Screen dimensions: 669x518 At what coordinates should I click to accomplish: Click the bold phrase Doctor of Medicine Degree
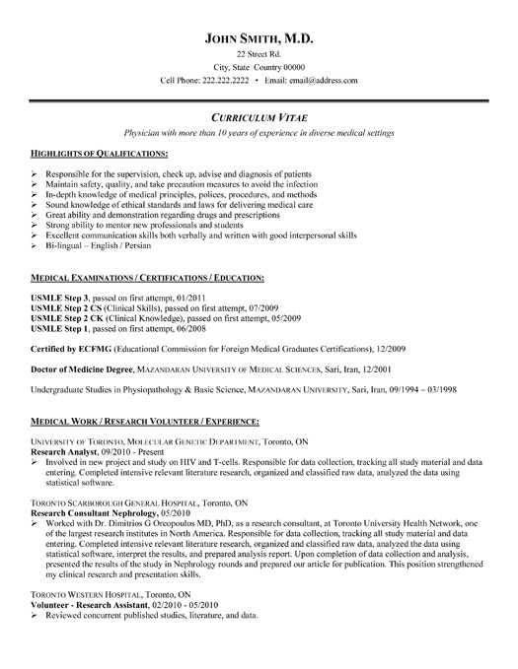point(74,390)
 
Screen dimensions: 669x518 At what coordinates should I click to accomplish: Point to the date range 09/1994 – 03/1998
point(425,418)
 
